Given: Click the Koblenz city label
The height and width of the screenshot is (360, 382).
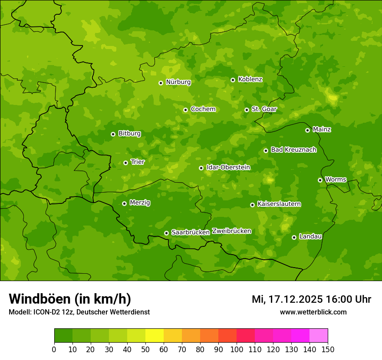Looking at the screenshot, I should click(x=250, y=79).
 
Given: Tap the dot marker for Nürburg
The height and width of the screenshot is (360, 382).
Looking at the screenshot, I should click(x=161, y=82).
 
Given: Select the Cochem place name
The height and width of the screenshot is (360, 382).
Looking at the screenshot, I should click(x=203, y=109).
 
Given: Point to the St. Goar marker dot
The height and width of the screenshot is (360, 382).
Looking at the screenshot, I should click(x=247, y=110).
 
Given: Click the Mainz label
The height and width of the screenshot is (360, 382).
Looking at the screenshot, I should click(x=322, y=129).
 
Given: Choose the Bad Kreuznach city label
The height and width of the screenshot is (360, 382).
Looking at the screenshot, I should click(x=293, y=150).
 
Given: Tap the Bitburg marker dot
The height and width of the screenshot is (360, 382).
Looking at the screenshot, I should click(x=113, y=134).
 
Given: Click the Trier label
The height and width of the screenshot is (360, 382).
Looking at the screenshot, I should click(x=138, y=162).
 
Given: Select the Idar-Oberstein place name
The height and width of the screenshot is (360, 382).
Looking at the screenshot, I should click(x=228, y=167).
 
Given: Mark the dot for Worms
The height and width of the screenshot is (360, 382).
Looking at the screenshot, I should click(x=320, y=180).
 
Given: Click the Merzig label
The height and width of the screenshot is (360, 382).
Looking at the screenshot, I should click(x=140, y=203).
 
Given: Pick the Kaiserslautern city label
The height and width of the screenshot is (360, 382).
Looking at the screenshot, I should click(x=279, y=204).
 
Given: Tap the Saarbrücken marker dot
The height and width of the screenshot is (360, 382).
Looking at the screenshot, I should click(x=166, y=233).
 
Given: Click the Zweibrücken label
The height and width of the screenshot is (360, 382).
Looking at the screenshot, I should click(x=231, y=231).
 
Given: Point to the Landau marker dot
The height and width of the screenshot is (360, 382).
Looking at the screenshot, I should click(x=294, y=237).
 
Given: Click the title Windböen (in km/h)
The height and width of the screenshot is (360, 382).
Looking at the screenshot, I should click(x=70, y=299).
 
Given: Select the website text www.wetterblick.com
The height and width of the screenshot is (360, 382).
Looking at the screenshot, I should click(x=313, y=312).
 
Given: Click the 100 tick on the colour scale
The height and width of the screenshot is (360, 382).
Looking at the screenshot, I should click(x=237, y=349).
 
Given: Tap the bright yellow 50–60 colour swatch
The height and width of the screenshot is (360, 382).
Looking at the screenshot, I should click(x=155, y=336).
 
